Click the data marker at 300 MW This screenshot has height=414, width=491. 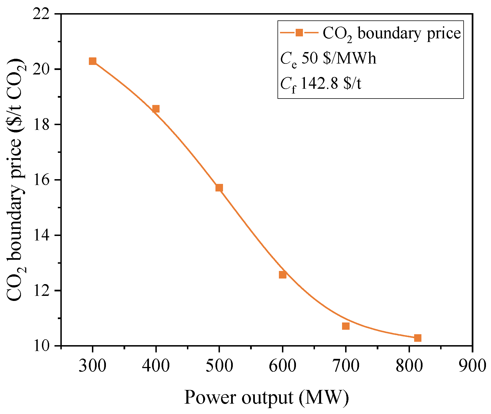tap(92, 61)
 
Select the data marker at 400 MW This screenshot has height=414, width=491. tap(156, 109)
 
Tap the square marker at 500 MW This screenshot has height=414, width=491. tap(219, 188)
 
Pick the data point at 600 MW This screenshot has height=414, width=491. tap(283, 275)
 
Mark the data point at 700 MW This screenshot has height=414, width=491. tap(346, 326)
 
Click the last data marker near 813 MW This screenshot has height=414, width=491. tap(418, 338)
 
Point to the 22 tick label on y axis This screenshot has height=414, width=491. tap(41, 14)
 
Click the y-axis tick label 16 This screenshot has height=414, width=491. tap(41, 180)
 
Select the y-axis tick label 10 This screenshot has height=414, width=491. tap(41, 346)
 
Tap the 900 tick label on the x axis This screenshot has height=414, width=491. tap(473, 366)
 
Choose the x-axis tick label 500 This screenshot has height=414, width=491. tap(219, 366)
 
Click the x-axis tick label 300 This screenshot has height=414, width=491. tap(92, 366)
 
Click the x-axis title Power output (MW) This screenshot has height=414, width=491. tap(266, 397)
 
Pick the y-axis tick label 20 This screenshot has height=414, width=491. tap(41, 69)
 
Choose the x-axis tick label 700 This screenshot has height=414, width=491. tap(346, 366)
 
